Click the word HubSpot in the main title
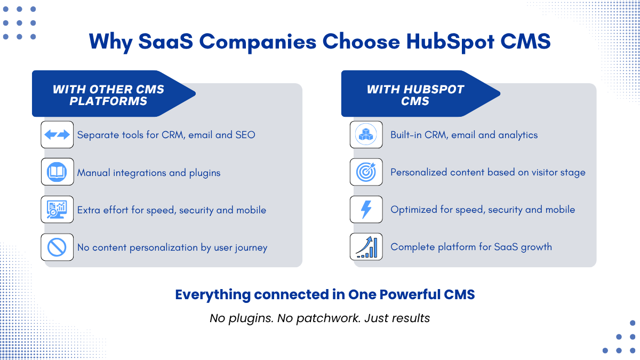450,42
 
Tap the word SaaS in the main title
166,42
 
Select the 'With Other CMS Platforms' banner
114,93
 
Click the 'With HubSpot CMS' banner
421,93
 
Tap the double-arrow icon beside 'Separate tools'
57,134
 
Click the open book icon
57,172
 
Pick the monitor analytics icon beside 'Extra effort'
57,210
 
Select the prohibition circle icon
57,247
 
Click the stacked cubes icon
366,134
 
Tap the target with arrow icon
366,172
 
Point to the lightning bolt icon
366,210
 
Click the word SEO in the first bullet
245,135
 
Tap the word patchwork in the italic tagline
327,318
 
